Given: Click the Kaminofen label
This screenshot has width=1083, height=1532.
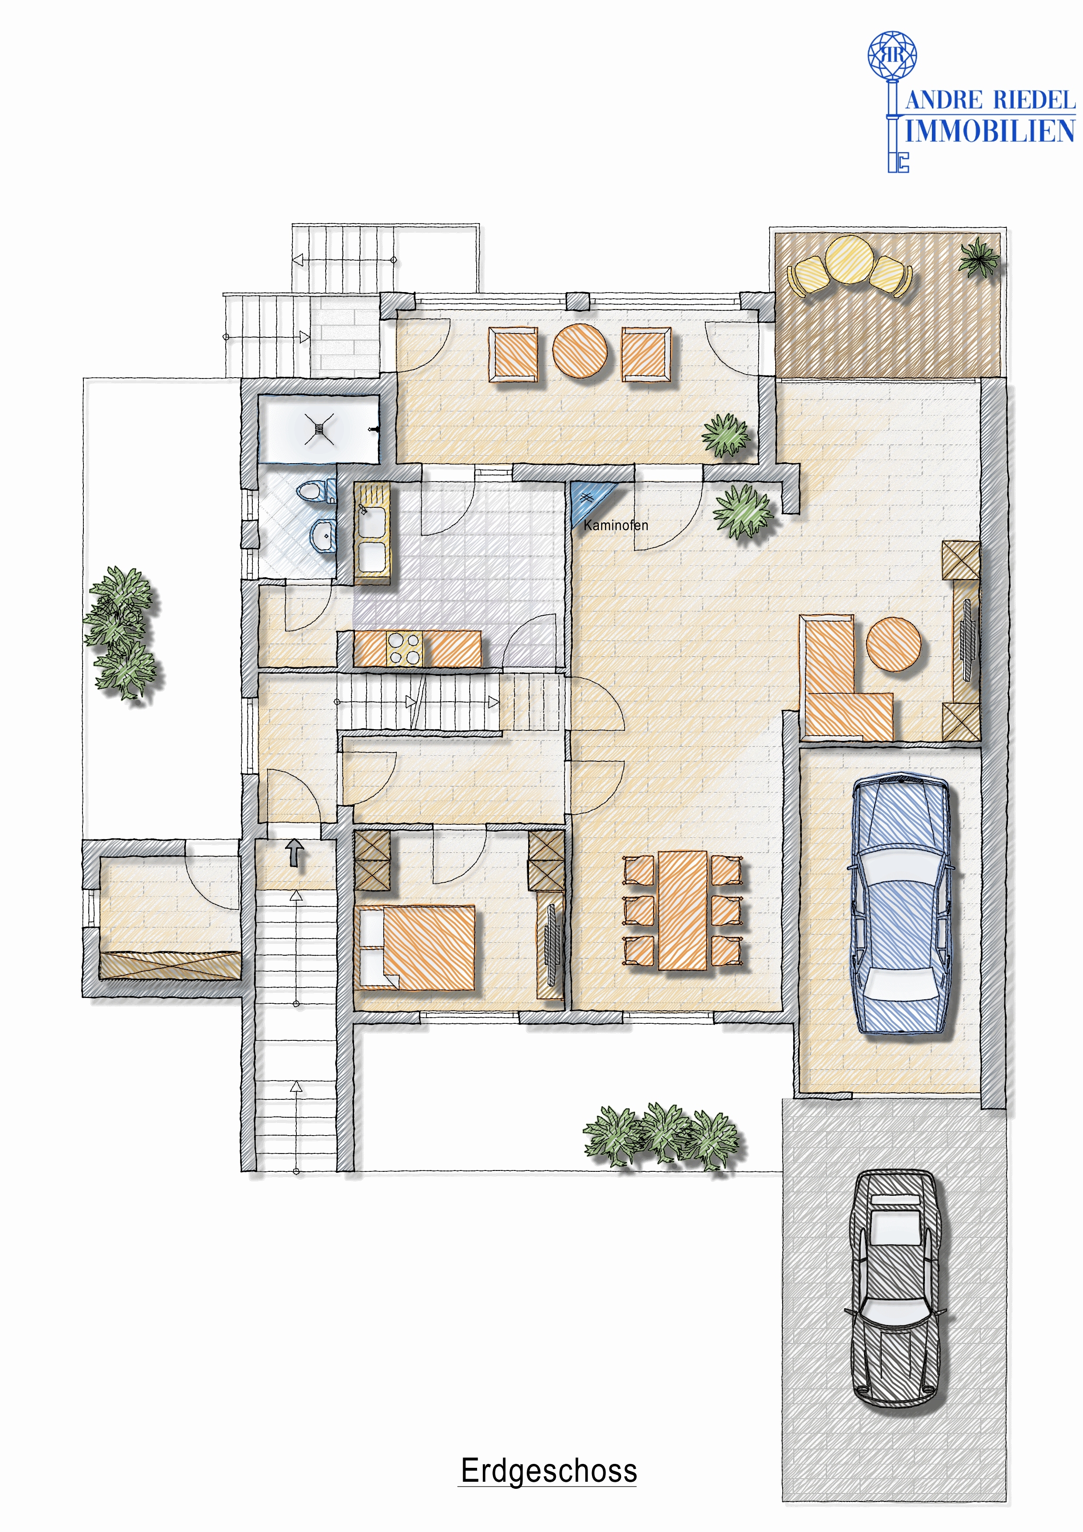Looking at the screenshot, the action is [x=615, y=525].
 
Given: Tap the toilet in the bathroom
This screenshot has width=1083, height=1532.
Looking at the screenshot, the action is [x=316, y=492].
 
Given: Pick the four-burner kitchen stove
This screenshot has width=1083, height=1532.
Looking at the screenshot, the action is [x=404, y=648].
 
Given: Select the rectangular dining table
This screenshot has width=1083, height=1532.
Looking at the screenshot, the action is [x=683, y=909].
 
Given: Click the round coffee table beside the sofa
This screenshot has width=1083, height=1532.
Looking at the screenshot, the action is [x=894, y=644].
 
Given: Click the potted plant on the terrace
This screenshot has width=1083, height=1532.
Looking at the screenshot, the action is [x=979, y=257].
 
